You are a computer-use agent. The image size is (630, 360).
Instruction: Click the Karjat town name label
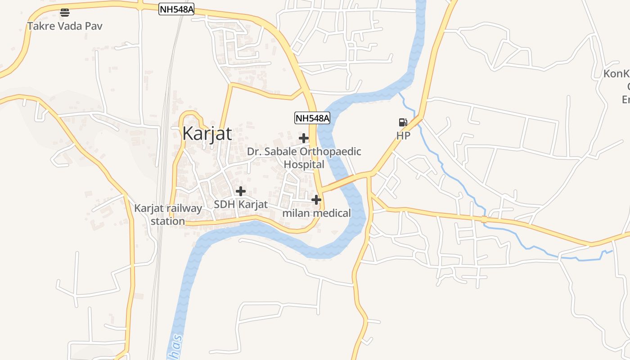coord(207,134)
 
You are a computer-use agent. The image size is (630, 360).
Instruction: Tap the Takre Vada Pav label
coord(65,26)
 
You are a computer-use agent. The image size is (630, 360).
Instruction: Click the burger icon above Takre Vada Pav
coord(65,12)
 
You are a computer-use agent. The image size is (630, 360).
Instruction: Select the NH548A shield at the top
coord(176,9)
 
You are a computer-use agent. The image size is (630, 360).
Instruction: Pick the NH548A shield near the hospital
coord(312,118)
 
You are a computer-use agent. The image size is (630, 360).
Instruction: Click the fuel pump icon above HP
coord(403,122)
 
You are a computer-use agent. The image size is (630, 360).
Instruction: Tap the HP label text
coord(403,135)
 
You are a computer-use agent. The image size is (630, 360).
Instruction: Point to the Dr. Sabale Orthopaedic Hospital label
coord(304,157)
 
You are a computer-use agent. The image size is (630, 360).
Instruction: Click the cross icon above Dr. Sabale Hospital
coord(304,138)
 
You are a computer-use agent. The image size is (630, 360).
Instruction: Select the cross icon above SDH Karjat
coord(241,191)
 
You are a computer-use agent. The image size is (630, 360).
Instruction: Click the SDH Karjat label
coord(241,204)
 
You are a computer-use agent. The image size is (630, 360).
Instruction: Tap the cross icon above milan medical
coord(316,199)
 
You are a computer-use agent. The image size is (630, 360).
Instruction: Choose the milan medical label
coord(316,213)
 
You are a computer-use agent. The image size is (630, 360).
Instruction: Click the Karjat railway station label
coord(168,215)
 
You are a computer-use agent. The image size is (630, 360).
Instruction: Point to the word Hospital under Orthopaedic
coord(304,164)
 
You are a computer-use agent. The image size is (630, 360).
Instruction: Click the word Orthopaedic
coord(330,152)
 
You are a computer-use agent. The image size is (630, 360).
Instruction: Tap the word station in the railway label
coord(168,221)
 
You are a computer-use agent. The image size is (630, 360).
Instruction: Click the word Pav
coord(94,26)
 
